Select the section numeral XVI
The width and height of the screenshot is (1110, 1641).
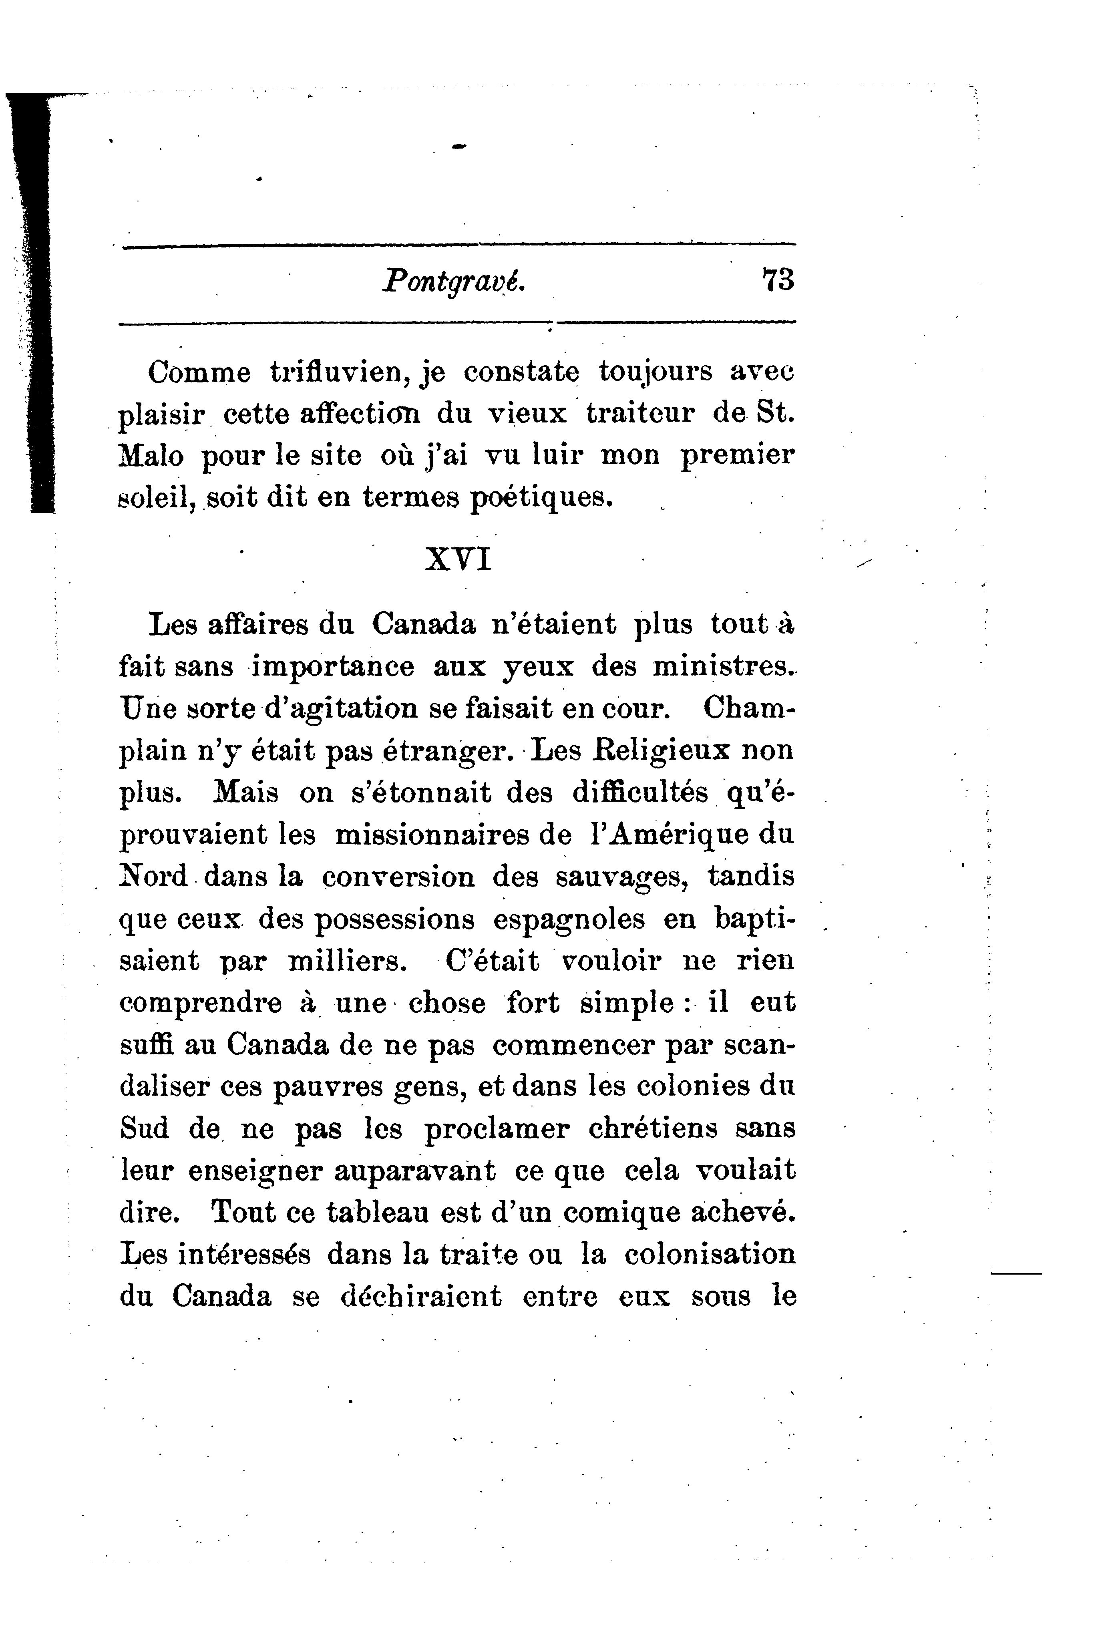click(x=458, y=560)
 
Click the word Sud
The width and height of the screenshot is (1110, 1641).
click(x=144, y=1128)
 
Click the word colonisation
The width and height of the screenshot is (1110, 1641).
click(x=710, y=1255)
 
